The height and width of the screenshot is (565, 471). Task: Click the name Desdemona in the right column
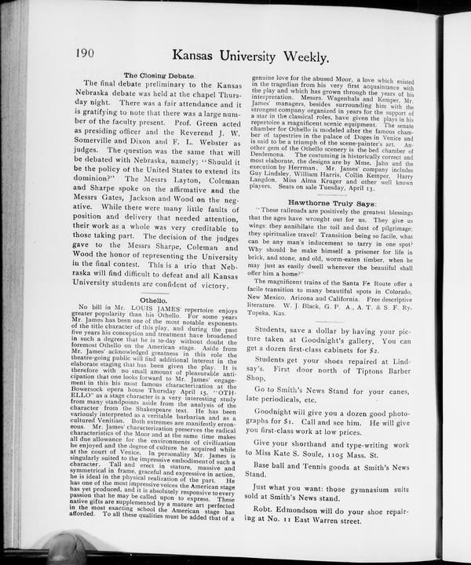coord(271,155)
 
